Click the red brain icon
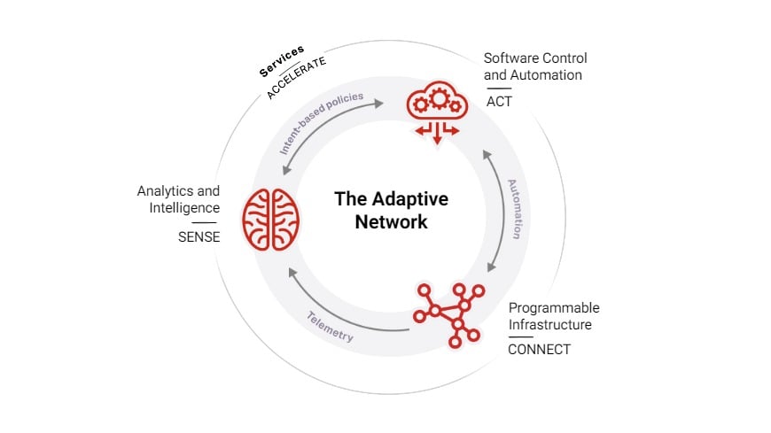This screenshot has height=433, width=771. click(272, 218)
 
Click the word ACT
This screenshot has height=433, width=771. click(499, 101)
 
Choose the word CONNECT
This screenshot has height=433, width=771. click(539, 349)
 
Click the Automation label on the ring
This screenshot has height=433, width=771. click(513, 209)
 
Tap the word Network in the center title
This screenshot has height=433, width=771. click(391, 221)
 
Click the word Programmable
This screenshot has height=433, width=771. click(554, 308)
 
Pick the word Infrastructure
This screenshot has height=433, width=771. click(549, 324)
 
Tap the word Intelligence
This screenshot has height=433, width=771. click(183, 207)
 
